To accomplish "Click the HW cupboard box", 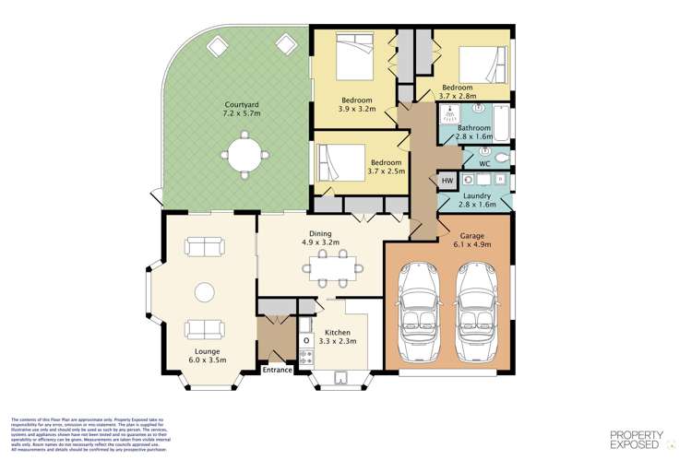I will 447,181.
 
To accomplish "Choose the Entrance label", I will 278,370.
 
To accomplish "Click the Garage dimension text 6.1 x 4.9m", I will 471,244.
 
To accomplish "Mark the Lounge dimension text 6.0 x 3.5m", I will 203,360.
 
